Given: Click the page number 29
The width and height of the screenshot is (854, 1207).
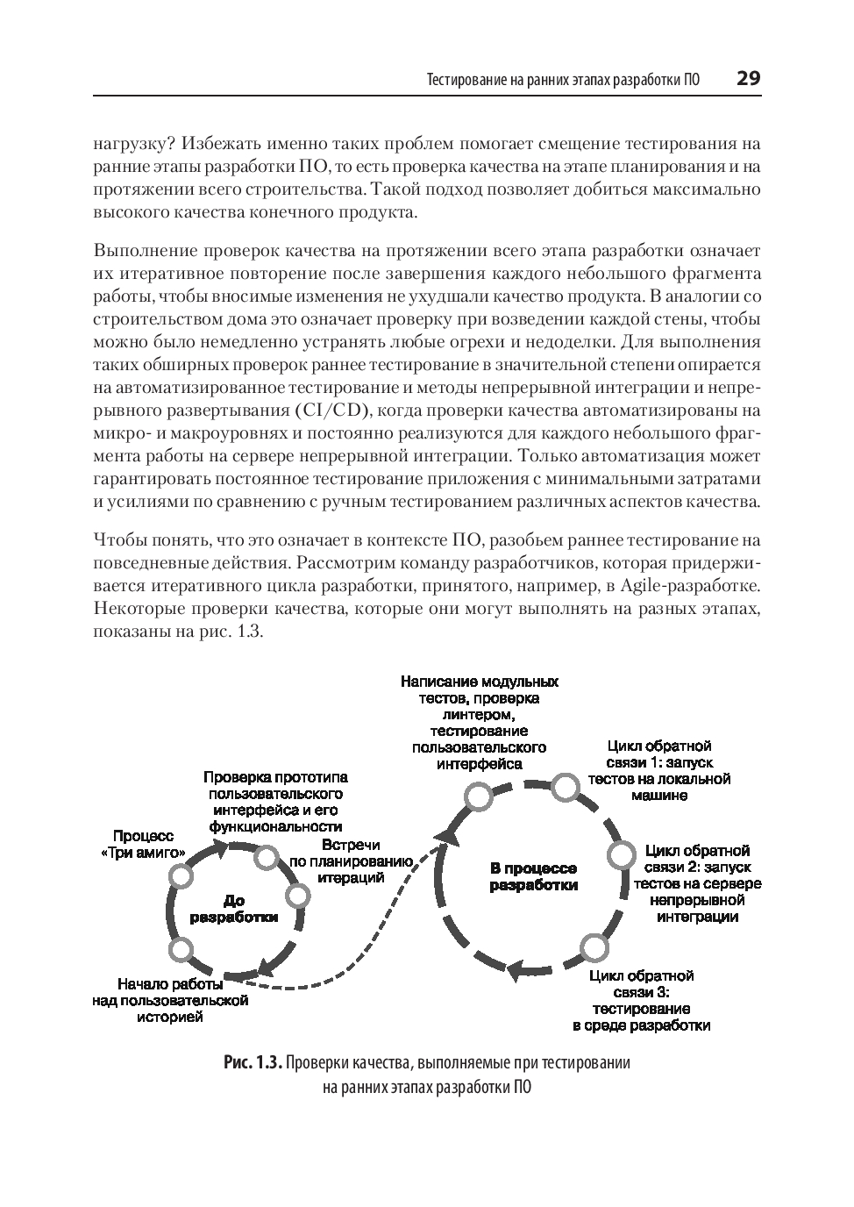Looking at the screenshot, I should [x=748, y=78].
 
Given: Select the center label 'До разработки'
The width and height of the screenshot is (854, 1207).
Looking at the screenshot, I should [x=234, y=909].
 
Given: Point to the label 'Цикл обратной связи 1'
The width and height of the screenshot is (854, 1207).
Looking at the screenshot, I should [x=659, y=770].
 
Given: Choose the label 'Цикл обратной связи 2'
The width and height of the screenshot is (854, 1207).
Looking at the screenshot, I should [x=697, y=883].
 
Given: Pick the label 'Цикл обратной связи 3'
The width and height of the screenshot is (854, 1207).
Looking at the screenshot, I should [x=641, y=1000].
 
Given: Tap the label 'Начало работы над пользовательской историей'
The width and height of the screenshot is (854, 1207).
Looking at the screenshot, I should [x=170, y=1000].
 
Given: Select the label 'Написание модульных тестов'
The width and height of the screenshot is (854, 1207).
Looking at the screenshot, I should [x=479, y=722].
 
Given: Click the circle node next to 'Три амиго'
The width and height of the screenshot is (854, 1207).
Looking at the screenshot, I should [x=181, y=876].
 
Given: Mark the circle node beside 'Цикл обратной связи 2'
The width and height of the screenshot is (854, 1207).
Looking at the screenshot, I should [x=621, y=853].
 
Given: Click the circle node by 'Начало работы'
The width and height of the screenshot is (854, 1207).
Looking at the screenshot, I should [x=181, y=948].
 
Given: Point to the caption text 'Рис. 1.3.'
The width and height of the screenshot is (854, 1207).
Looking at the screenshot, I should [x=253, y=1063].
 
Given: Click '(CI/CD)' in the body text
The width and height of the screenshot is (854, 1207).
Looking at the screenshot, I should [x=328, y=411].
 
